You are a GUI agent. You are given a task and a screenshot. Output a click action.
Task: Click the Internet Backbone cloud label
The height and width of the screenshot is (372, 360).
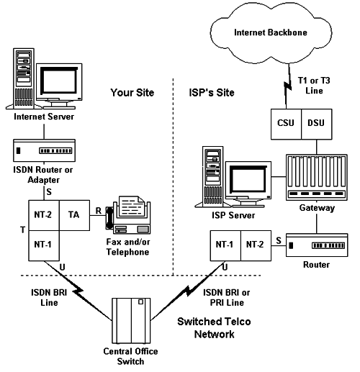(271, 32)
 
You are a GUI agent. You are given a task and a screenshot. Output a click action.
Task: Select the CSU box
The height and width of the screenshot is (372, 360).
(286, 124)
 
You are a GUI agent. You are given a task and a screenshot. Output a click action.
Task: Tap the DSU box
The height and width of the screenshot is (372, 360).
(317, 124)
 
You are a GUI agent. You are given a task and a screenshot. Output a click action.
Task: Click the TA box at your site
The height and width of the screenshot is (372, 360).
(74, 215)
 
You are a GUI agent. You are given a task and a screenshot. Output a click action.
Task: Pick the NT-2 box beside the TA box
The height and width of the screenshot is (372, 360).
(44, 215)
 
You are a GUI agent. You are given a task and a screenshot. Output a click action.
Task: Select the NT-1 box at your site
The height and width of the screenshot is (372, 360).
(44, 245)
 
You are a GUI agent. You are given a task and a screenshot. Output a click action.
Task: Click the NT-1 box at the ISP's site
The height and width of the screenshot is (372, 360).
(225, 245)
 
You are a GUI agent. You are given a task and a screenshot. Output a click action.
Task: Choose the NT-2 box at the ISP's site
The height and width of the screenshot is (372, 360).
(256, 245)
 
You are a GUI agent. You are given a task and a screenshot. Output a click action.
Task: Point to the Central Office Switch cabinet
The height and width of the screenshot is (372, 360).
(131, 321)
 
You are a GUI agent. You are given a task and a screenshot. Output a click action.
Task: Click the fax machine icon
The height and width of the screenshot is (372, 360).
(128, 215)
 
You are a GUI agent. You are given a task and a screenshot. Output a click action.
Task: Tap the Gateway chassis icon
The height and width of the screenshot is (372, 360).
(317, 178)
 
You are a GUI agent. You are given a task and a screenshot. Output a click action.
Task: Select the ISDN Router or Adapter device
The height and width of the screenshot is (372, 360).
(44, 150)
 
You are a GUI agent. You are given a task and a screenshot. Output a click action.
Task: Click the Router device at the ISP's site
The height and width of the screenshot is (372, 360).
(317, 245)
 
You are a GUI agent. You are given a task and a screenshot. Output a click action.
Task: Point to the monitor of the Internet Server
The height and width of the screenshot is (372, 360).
(59, 86)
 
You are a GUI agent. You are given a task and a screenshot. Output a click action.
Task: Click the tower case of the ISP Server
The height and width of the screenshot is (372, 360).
(212, 177)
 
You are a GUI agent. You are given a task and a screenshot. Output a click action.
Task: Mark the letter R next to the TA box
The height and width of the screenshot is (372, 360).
(99, 211)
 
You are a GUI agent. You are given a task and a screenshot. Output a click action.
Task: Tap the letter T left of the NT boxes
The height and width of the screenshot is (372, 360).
(22, 230)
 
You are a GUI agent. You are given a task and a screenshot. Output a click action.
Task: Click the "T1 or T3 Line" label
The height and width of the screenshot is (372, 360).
(314, 86)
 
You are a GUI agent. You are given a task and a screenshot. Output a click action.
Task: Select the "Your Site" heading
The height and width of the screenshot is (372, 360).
(132, 93)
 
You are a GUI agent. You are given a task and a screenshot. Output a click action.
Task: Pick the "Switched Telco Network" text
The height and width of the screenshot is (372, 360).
(214, 327)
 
